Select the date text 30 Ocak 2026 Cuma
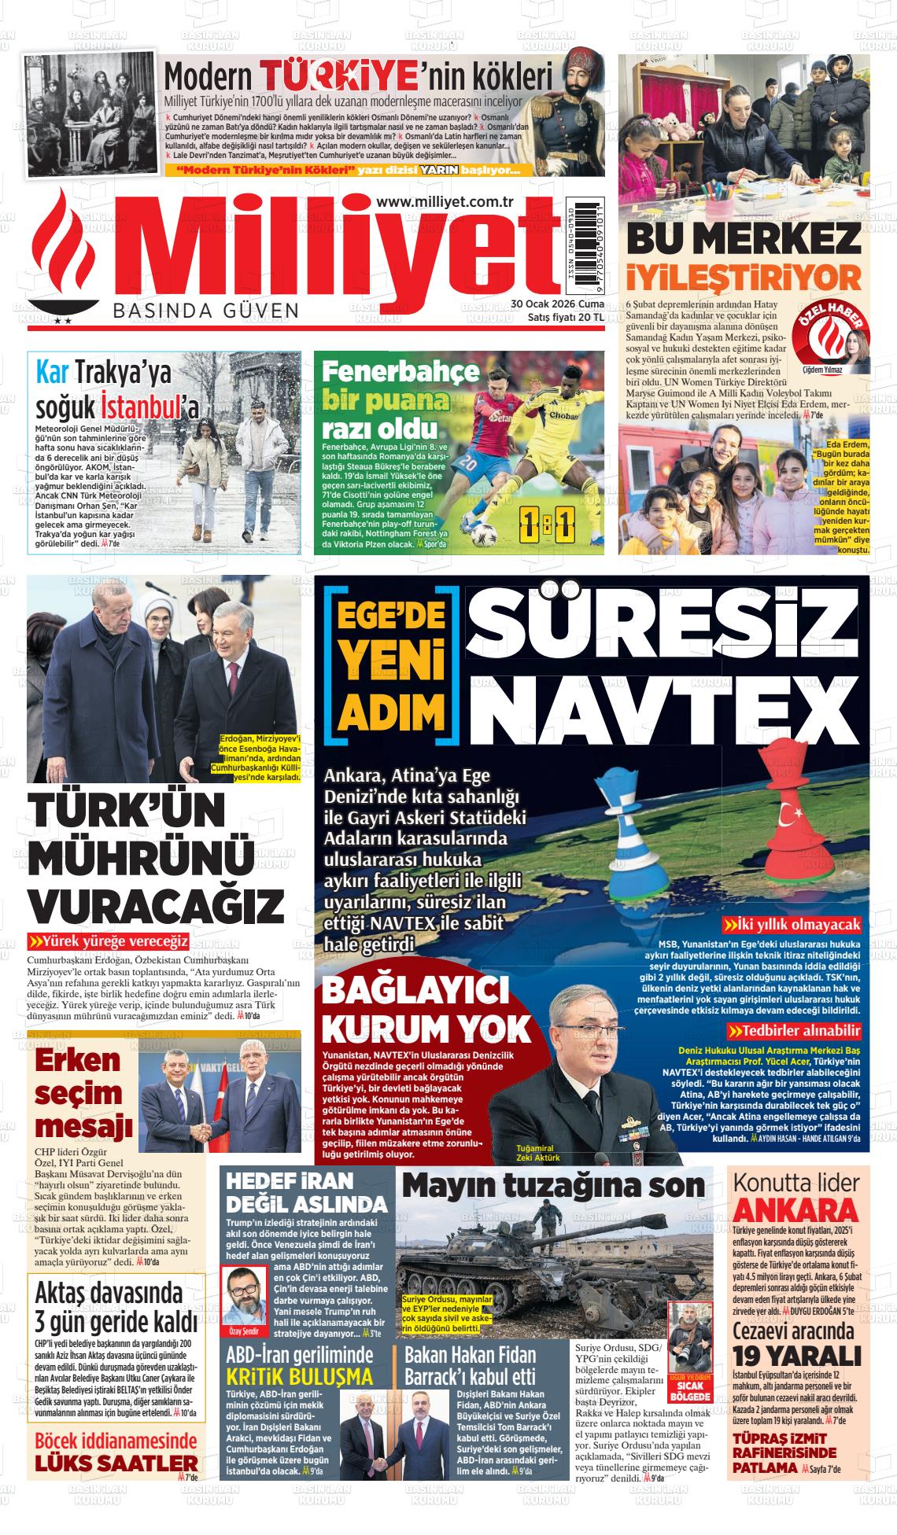pyautogui.click(x=557, y=304)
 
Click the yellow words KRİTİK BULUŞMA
pyautogui.click(x=299, y=1376)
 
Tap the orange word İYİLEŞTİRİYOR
pyautogui.click(x=744, y=278)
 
